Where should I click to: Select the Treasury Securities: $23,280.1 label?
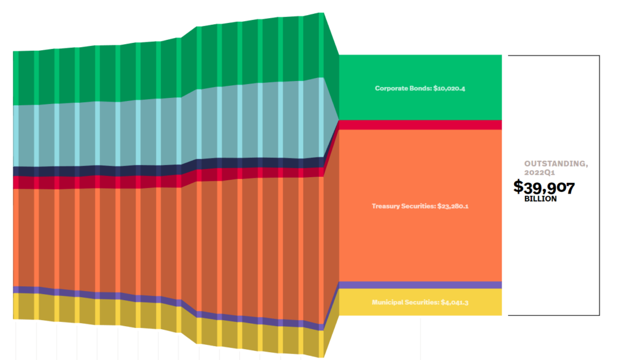click(420, 206)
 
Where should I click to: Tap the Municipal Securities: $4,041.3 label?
click(420, 302)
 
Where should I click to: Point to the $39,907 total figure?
click(544, 188)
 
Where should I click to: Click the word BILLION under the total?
click(540, 199)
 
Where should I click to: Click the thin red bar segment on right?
click(420, 125)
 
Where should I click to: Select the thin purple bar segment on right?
click(420, 285)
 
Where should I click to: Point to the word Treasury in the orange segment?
click(387, 206)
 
